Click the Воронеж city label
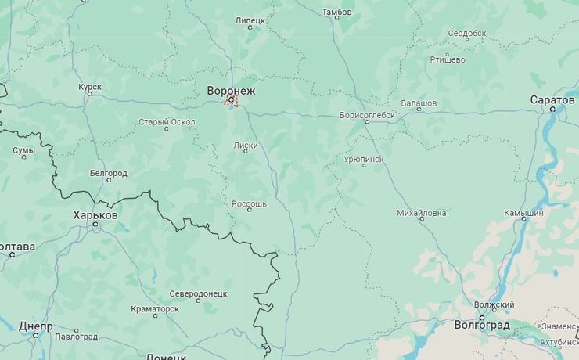click(231, 91)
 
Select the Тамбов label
click(337, 13)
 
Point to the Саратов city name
click(552, 100)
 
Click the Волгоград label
click(482, 325)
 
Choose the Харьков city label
click(95, 214)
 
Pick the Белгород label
click(108, 172)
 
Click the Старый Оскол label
click(167, 122)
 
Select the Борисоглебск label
click(367, 115)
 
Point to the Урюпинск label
click(364, 159)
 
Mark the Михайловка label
click(421, 212)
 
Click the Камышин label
click(523, 212)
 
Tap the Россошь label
click(249, 203)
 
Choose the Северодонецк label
click(199, 293)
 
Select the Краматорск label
click(155, 309)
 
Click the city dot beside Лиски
click(246, 152)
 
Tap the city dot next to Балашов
click(410, 110)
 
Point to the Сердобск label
click(467, 33)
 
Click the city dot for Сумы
click(23, 157)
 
